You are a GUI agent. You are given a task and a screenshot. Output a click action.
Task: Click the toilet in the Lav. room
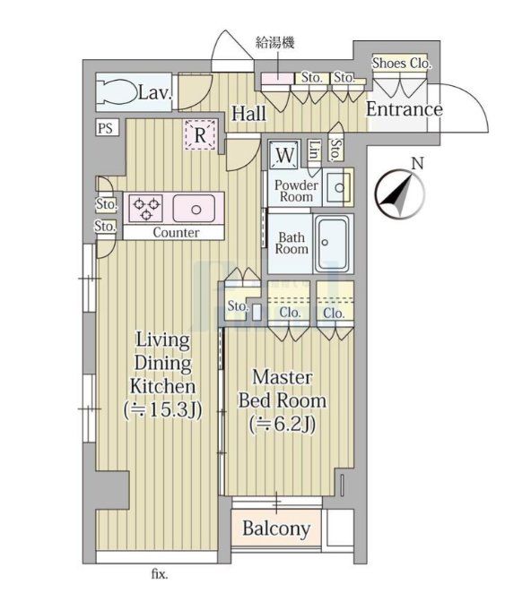pyautogui.click(x=117, y=91)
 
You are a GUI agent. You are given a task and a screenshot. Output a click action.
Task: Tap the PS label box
pyautogui.click(x=106, y=127)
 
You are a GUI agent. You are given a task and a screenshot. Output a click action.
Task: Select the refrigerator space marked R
pyautogui.click(x=200, y=134)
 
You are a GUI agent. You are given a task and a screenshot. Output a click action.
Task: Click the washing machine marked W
pyautogui.click(x=285, y=154)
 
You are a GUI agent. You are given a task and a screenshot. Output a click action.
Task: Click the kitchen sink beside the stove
pyautogui.click(x=195, y=209)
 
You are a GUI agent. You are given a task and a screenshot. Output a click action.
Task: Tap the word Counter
pyautogui.click(x=176, y=233)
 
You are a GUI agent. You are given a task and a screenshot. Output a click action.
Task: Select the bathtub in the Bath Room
pyautogui.click(x=333, y=244)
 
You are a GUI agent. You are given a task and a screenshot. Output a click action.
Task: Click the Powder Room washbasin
pyautogui.click(x=339, y=187)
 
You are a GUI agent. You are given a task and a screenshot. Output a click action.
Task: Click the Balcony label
pyautogui.click(x=276, y=529)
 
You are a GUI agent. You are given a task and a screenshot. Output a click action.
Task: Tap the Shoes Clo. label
pyautogui.click(x=402, y=64)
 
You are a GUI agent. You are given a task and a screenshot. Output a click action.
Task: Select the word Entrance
pyautogui.click(x=405, y=109)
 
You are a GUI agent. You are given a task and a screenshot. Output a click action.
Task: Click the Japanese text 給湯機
pyautogui.click(x=275, y=42)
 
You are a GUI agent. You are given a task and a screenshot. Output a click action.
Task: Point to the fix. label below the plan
pyautogui.click(x=160, y=574)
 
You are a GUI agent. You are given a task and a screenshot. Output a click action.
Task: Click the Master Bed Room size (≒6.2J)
pyautogui.click(x=283, y=425)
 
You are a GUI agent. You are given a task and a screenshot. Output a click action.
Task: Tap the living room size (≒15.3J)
pyautogui.click(x=163, y=409)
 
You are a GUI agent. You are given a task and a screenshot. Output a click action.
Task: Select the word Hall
pyautogui.click(x=248, y=113)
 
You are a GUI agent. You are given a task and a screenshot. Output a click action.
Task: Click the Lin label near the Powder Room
pyautogui.click(x=314, y=150)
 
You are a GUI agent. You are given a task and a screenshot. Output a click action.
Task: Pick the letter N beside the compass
pyautogui.click(x=417, y=164)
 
